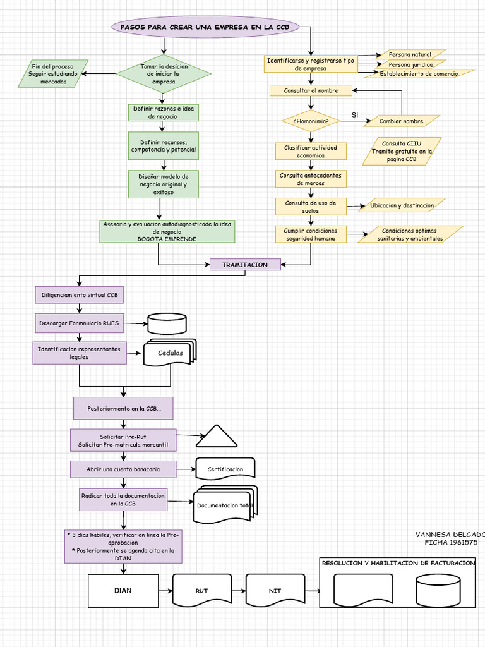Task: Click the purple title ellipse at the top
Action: click(205, 27)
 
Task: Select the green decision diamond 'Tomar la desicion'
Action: click(164, 74)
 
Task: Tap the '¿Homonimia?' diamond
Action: click(311, 121)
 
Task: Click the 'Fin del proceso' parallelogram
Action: click(53, 74)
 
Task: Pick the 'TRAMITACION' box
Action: click(245, 265)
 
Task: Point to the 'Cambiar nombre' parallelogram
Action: click(402, 121)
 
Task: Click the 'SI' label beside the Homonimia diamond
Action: click(355, 115)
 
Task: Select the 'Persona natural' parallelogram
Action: click(410, 54)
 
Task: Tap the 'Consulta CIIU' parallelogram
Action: click(402, 152)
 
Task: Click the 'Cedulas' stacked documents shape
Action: click(170, 353)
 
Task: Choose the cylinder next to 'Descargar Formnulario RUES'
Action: click(167, 323)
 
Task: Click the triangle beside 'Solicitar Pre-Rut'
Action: click(217, 436)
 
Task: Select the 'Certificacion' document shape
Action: click(225, 469)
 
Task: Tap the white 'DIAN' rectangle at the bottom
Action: click(123, 591)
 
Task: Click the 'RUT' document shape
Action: click(201, 591)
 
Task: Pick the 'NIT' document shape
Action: click(275, 591)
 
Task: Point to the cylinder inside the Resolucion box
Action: click(438, 591)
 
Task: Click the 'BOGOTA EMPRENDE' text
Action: click(167, 239)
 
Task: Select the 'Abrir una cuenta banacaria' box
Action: click(123, 469)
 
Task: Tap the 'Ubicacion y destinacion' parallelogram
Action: click(402, 205)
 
